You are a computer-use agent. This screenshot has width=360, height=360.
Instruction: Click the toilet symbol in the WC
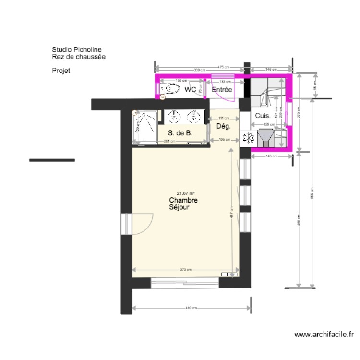click(171, 89)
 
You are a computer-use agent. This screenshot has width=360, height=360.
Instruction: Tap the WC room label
click(190, 90)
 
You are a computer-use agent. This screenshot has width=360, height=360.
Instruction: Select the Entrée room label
click(222, 90)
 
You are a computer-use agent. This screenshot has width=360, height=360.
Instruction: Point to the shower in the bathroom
click(144, 127)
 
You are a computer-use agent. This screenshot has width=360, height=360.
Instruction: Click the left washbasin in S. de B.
click(171, 116)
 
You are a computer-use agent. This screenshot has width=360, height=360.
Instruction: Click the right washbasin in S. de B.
click(194, 116)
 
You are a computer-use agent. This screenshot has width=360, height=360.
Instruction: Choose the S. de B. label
click(180, 133)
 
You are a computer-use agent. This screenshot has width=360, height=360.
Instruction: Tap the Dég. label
click(224, 127)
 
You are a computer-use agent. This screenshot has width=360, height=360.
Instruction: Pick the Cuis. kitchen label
click(262, 116)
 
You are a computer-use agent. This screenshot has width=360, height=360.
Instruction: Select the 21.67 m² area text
click(185, 192)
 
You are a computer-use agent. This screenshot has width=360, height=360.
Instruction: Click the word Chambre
click(183, 200)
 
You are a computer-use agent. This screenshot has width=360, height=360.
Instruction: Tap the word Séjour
click(179, 208)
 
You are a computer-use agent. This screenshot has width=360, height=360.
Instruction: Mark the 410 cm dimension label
click(192, 308)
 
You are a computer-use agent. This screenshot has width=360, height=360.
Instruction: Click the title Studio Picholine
click(77, 49)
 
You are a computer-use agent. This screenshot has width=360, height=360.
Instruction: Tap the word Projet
click(61, 71)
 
